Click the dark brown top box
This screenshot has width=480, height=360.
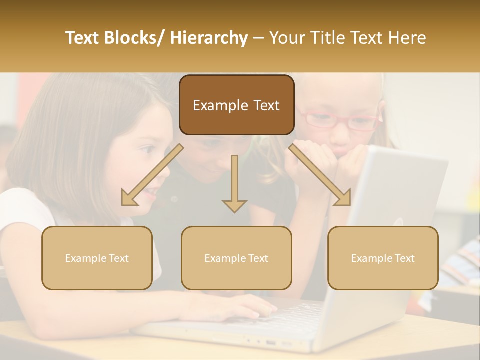[x=236, y=105]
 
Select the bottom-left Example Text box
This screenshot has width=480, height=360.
[x=97, y=258]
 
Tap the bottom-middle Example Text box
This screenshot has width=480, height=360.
[x=236, y=258]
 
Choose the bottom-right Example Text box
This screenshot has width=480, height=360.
[x=383, y=258]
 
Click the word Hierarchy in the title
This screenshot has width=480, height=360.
[x=208, y=38]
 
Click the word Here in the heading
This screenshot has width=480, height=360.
[x=405, y=38]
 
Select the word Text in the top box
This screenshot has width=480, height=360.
[x=259, y=105]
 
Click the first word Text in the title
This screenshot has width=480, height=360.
[x=83, y=38]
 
